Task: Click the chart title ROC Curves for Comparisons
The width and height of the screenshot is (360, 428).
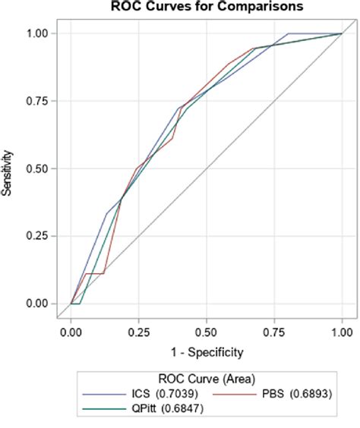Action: click(x=195, y=8)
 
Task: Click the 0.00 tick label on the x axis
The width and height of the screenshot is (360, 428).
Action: click(x=71, y=332)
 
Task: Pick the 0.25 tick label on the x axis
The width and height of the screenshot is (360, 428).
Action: click(x=139, y=332)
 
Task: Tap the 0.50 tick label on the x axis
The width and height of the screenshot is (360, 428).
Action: click(x=207, y=332)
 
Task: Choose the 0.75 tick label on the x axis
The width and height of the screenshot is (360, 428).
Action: click(x=274, y=332)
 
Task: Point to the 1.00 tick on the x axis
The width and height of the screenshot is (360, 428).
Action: click(x=342, y=332)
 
